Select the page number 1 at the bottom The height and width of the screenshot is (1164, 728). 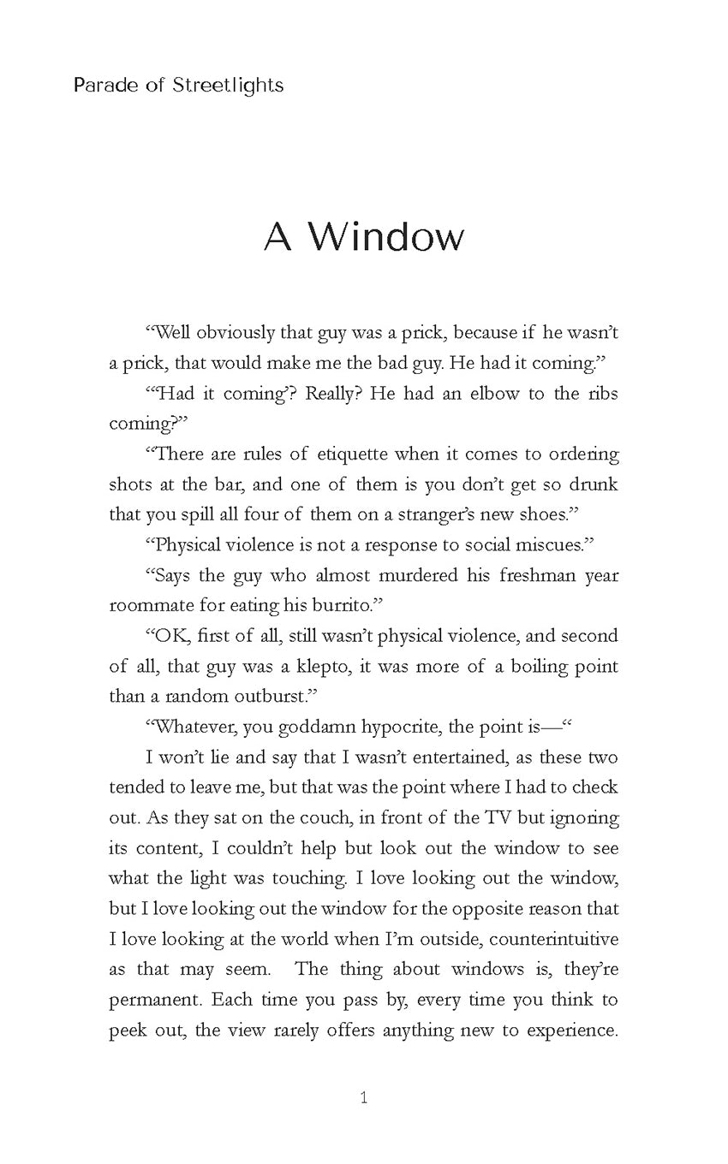(x=364, y=1098)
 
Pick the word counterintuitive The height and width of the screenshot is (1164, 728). (x=553, y=939)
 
